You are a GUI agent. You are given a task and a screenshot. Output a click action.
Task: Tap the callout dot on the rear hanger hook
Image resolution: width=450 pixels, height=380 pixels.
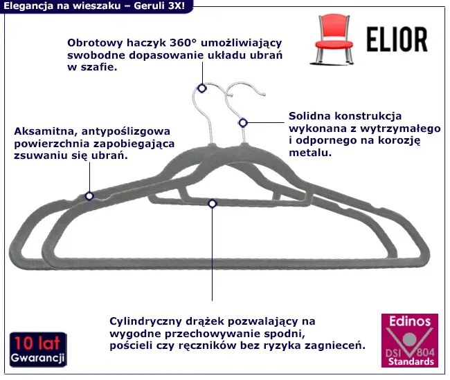coord(202,88)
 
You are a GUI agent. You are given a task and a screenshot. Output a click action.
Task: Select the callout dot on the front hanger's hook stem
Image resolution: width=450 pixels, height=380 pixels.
coord(242,122)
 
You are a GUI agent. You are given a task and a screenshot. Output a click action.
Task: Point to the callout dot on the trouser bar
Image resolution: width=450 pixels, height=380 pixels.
coord(212,203)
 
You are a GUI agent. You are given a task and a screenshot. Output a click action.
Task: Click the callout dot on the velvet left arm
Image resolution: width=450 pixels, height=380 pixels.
coord(89,196)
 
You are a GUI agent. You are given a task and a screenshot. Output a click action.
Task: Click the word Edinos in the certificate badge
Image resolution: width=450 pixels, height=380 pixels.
coord(409,321)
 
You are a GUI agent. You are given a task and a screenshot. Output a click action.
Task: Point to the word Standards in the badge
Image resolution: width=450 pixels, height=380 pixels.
coord(411,361)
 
